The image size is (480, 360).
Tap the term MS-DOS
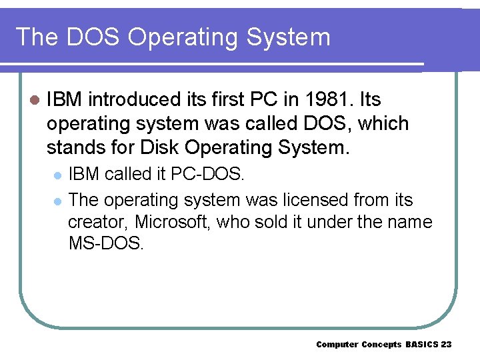click(106, 243)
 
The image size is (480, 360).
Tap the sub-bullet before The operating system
click(57, 201)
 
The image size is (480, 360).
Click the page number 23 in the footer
click(446, 344)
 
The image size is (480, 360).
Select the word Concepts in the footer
click(381, 344)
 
